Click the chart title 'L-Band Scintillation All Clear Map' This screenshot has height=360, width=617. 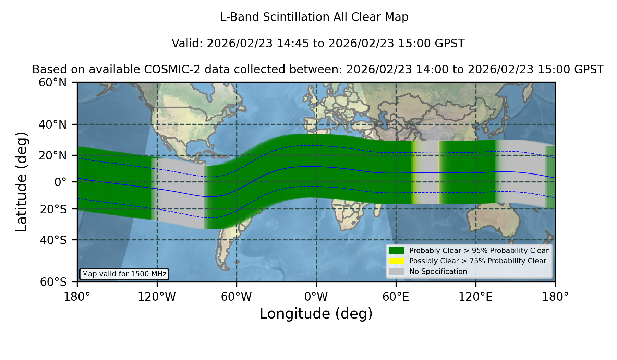point(314,17)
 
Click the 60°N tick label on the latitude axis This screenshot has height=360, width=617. point(52,83)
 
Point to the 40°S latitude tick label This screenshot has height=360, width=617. point(53,240)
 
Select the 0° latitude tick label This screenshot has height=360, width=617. point(60,182)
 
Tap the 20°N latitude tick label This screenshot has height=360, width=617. point(52,155)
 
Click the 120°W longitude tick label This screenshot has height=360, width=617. point(157,297)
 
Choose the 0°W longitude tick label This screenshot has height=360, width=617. point(316,297)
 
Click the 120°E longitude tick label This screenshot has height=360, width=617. point(475,297)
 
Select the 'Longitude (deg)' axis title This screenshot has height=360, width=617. point(316,314)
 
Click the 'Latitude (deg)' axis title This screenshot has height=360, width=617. point(21,182)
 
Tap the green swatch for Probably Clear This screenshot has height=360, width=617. point(396,251)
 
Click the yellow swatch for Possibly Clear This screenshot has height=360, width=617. point(396,261)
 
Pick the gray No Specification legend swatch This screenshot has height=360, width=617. point(396,272)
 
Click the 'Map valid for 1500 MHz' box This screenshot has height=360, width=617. point(124,274)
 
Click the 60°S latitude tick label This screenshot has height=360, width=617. point(53,282)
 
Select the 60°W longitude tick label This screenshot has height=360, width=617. point(236,297)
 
